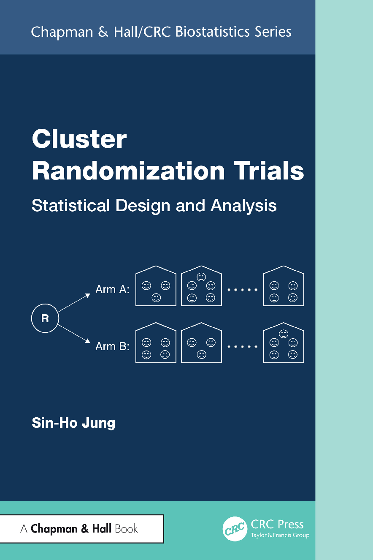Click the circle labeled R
click(45, 318)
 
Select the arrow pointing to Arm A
click(74, 302)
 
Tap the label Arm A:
click(113, 290)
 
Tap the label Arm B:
click(113, 346)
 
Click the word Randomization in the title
click(128, 171)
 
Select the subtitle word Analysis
click(244, 205)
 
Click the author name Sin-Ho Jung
click(73, 423)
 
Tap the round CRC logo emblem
click(235, 529)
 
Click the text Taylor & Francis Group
click(280, 536)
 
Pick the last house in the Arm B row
click(284, 344)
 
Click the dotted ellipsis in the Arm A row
click(242, 290)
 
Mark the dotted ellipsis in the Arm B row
click(242, 346)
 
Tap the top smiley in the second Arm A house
click(201, 277)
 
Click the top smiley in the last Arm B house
click(284, 333)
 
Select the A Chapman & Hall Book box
click(81, 529)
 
